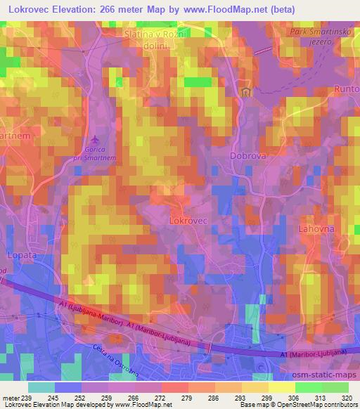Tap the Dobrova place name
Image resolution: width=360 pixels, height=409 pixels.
(247, 149)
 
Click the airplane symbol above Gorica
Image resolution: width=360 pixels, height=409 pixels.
(96, 137)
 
